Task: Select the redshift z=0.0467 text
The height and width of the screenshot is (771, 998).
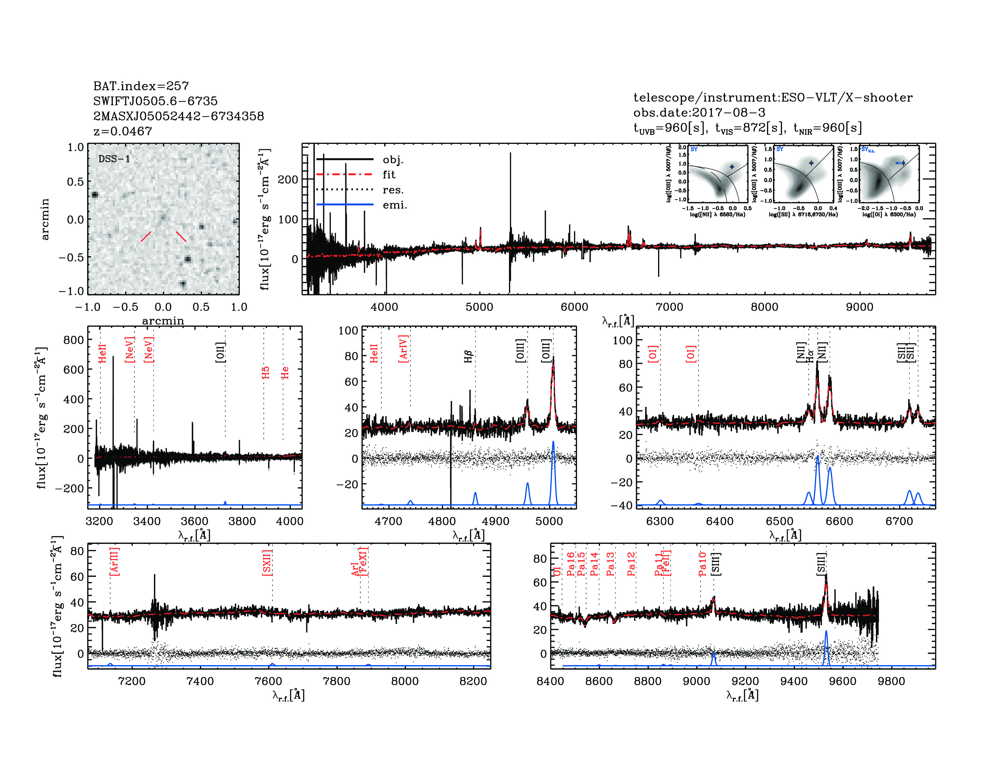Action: [122, 131]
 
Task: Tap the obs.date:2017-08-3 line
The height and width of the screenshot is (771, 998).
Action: [699, 112]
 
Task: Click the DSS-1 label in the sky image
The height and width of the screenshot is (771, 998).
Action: [114, 159]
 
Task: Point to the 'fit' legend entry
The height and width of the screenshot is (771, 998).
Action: [389, 174]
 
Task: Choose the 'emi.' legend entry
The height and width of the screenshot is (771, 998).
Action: [394, 205]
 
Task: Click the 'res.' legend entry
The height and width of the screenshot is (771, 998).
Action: [393, 190]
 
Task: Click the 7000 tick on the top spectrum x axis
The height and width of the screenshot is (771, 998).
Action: [670, 307]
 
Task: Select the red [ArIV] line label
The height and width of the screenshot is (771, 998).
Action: [403, 349]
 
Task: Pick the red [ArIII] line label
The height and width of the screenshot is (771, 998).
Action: [114, 561]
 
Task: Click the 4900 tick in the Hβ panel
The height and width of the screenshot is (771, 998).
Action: [495, 521]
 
